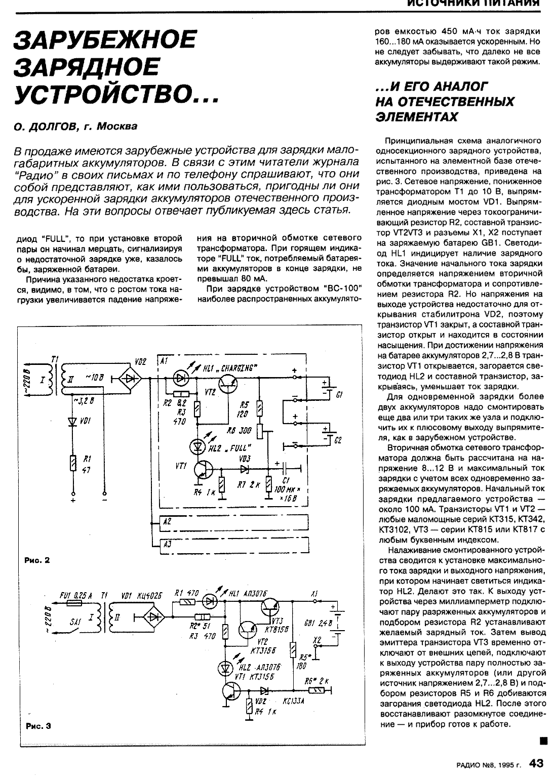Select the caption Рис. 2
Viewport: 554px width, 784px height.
pos(37,560)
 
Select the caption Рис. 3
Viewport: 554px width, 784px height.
pos(37,726)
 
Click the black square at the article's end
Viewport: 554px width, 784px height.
pos(543,740)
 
